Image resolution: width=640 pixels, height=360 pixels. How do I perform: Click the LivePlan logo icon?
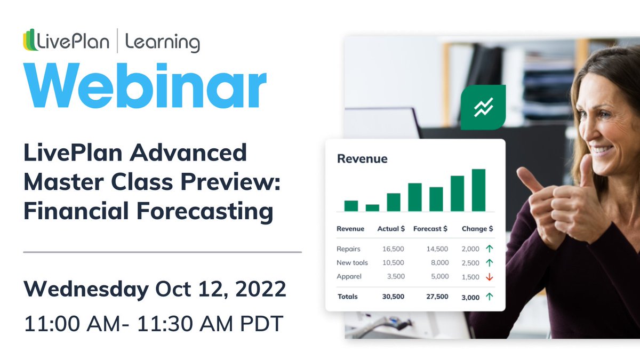coord(30,41)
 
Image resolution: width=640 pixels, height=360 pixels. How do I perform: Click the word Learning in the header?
coord(163,42)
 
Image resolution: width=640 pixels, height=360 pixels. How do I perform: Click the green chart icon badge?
coord(483,107)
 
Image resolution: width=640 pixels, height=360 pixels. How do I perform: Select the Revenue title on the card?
coord(362,158)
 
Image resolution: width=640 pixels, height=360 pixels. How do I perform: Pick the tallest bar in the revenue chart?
coord(478,190)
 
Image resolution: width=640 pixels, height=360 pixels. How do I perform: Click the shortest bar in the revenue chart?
coord(372,207)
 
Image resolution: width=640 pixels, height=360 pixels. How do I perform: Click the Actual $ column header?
coord(391,228)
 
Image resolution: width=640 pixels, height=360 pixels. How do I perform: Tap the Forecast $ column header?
coord(430,228)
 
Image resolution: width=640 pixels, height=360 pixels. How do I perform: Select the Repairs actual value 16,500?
coord(393,249)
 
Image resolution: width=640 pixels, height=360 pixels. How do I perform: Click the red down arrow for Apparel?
coord(489,276)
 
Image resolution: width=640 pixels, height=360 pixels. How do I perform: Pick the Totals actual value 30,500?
coord(393,297)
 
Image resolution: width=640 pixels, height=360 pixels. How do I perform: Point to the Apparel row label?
coord(349,276)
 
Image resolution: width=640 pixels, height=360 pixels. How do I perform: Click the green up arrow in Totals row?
coord(489,297)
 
